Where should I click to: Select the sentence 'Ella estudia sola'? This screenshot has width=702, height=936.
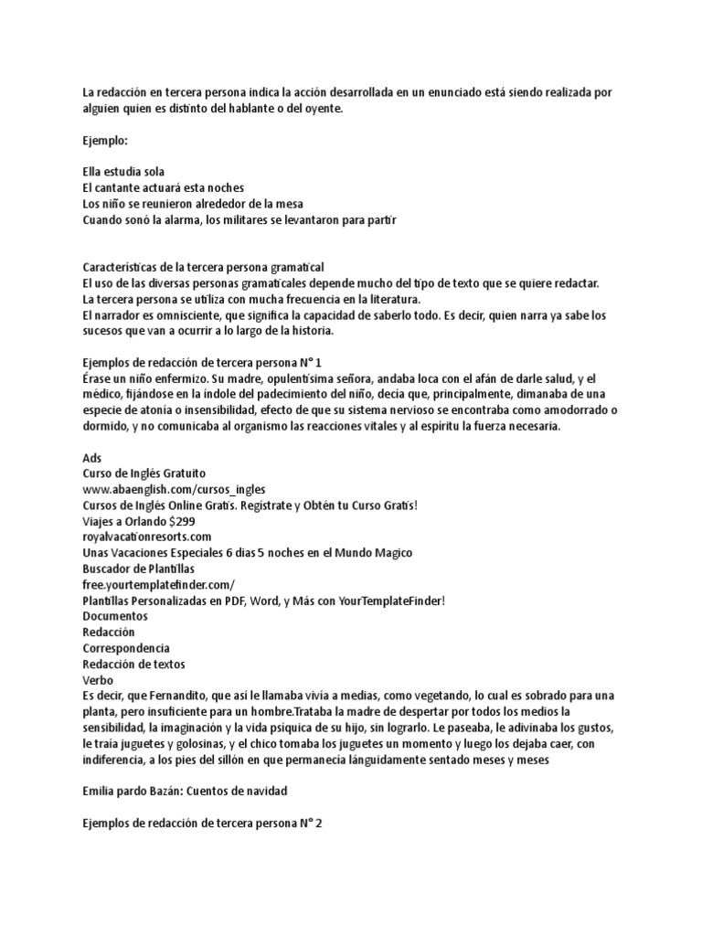pyautogui.click(x=123, y=172)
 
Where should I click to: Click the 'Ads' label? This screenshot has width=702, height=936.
pyautogui.click(x=91, y=458)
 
